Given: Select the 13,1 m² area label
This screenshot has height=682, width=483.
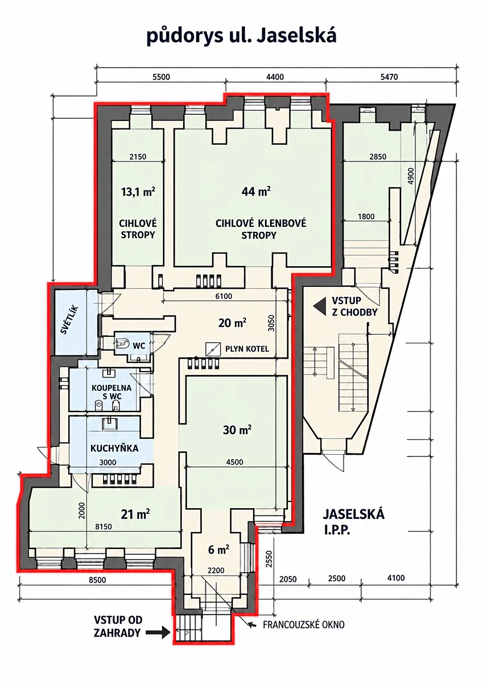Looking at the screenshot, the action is (x=138, y=192).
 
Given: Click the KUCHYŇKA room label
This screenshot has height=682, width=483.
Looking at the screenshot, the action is (x=114, y=448).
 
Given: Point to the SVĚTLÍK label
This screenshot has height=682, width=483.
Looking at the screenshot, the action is (x=69, y=320).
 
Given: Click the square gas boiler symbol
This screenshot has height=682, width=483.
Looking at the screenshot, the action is (x=213, y=349).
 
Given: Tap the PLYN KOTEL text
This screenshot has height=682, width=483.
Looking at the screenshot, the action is (x=247, y=348).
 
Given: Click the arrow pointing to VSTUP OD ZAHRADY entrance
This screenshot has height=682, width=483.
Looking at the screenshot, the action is (x=158, y=633).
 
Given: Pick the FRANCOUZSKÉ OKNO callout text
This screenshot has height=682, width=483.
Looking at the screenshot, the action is (x=304, y=625).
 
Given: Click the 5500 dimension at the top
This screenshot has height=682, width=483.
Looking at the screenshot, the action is (x=161, y=77).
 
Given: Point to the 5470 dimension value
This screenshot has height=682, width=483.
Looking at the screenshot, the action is (x=389, y=77).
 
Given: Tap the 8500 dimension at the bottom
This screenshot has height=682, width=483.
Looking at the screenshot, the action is (x=97, y=580).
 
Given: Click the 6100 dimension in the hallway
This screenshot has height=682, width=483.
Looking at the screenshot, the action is (x=224, y=296).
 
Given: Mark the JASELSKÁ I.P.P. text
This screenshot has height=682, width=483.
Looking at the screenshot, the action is (x=353, y=522).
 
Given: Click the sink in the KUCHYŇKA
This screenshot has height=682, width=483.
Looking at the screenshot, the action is (x=109, y=423).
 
